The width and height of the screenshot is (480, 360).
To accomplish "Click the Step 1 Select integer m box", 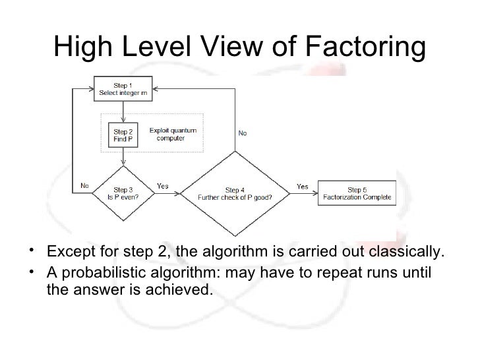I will click(124, 90).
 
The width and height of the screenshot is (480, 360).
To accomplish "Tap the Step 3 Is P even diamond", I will click(123, 193).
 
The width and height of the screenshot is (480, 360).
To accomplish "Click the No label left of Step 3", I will click(85, 185).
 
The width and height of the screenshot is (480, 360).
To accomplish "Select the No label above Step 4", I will click(243, 133).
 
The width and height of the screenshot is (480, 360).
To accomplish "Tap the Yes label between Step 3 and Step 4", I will click(162, 185).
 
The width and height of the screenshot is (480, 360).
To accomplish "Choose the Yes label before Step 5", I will click(302, 185).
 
